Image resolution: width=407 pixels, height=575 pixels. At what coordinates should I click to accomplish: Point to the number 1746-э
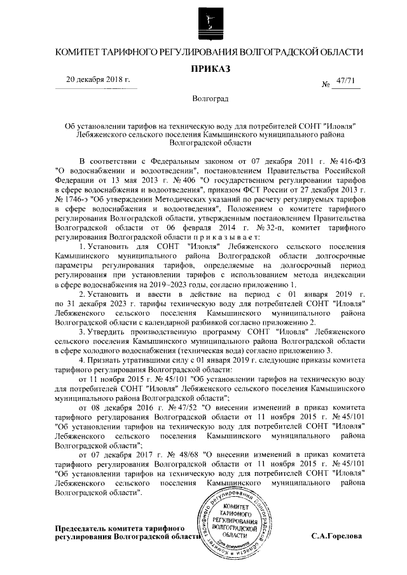pyautogui.click(x=71, y=198)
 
